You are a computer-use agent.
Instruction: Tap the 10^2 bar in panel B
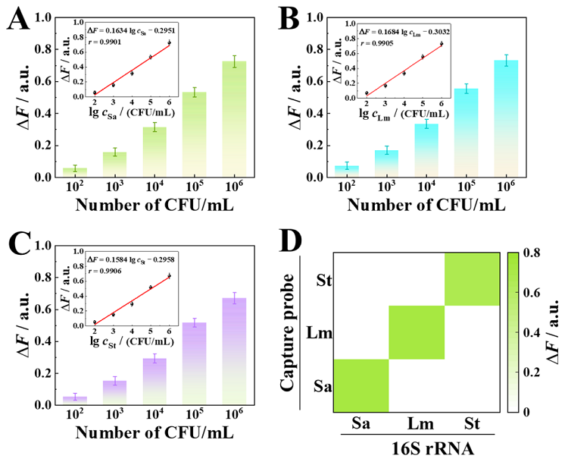(x=347, y=171)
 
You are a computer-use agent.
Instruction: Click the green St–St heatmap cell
(x=472, y=279)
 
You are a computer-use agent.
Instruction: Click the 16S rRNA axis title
(x=416, y=449)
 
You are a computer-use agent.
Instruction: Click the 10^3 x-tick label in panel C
(x=115, y=416)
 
